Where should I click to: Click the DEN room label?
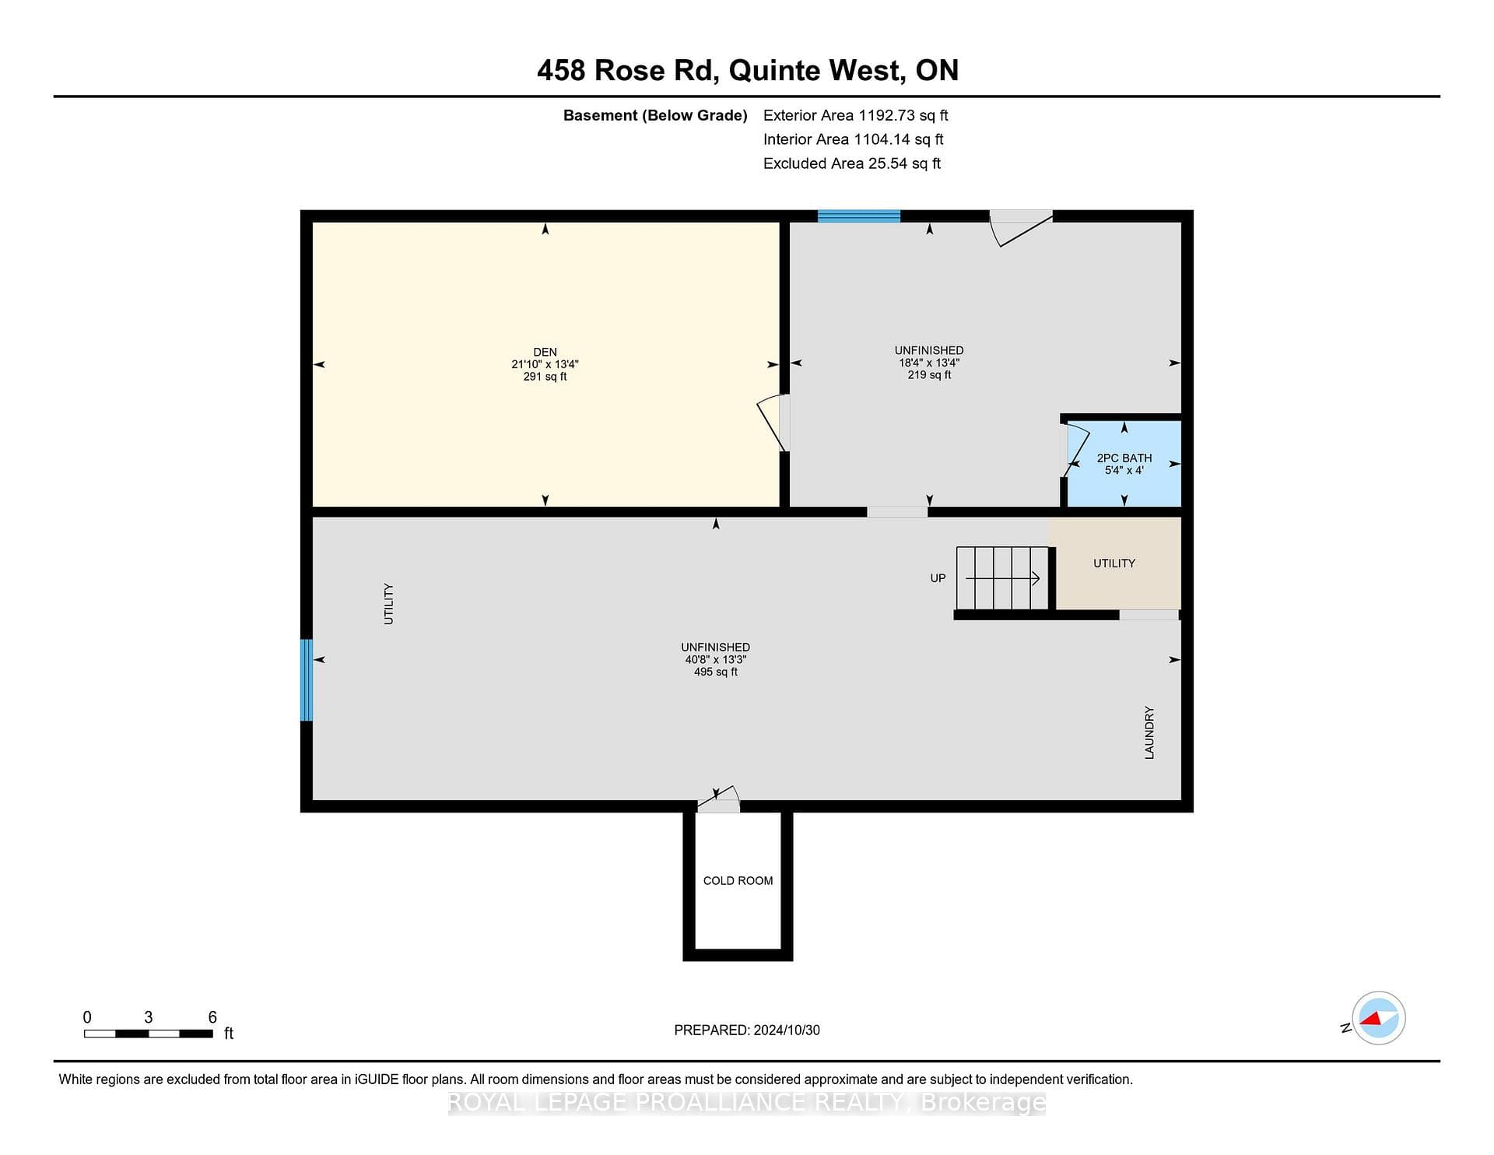coord(545,353)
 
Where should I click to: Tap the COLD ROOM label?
coord(738,881)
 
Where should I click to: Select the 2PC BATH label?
coord(1124,458)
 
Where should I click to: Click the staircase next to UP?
coord(1002,578)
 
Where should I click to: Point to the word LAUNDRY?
coord(1149,732)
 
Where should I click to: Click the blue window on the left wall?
coord(307,680)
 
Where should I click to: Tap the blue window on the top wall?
coord(859,216)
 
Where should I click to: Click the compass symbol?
coord(1378,1018)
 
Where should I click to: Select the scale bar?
coord(149,1034)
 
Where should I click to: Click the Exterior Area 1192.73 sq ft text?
coord(855,116)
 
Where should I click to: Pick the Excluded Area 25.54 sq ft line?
coord(852,163)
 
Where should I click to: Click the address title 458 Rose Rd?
coord(626,71)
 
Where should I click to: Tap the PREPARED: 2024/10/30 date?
coord(747,1030)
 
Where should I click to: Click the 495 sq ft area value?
coord(716,672)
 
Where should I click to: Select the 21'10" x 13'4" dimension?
coord(545,364)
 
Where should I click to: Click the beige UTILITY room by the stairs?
coord(1115,563)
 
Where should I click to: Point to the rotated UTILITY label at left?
coord(388,604)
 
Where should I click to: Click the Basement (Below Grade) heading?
coord(655,116)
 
